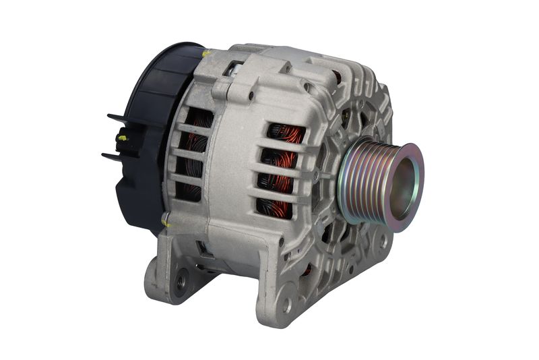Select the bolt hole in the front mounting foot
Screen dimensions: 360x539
[x=286, y=304]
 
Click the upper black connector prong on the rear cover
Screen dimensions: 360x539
[x=116, y=120]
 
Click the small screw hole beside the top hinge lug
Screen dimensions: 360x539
[x=251, y=96]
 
